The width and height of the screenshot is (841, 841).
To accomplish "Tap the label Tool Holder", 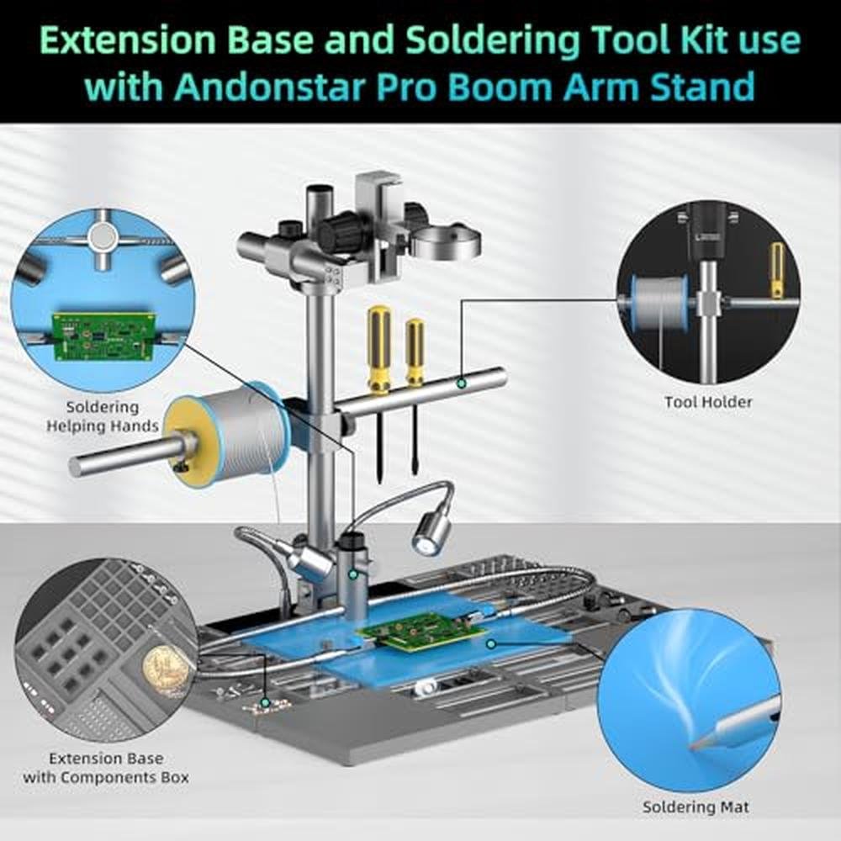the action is pos(708,402).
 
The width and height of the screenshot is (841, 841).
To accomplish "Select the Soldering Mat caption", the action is pos(696,807).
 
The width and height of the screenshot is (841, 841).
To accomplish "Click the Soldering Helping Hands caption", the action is pos(102,416).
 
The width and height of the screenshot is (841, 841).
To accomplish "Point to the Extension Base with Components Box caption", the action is pos(106,768).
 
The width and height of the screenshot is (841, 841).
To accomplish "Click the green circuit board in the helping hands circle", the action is pos(103,337).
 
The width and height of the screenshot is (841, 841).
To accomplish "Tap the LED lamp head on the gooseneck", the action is pos(431,532).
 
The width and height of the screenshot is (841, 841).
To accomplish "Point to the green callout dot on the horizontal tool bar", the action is pos(460,383).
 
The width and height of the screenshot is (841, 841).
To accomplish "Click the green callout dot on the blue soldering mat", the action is pos(491,643).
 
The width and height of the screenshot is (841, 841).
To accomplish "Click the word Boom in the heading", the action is pos(504,87).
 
